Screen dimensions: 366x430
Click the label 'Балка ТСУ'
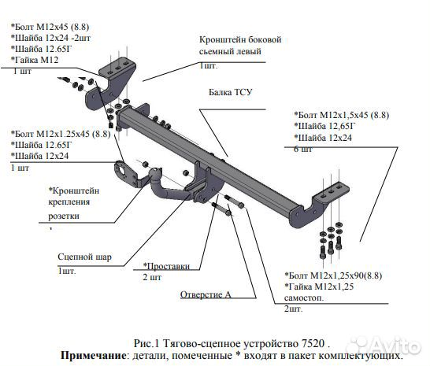point(231,92)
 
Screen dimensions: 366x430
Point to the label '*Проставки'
point(166,266)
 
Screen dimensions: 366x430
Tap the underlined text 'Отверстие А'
point(206,295)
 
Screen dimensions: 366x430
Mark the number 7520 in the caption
point(311,344)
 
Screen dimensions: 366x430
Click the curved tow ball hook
point(166,189)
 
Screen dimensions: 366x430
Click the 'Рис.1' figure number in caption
point(148,344)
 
